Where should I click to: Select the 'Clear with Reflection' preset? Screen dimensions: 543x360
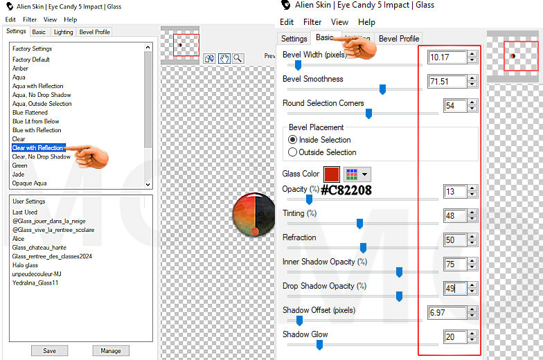point(38,148)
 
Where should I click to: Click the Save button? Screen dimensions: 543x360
point(50,350)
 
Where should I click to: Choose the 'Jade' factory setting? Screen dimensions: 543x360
point(18,174)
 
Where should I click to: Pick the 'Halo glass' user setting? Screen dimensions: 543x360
point(25,265)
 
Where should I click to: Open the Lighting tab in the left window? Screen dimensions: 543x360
point(64,32)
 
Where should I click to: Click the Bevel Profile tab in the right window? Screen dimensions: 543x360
point(399,39)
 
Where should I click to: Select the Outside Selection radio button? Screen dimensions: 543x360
point(292,152)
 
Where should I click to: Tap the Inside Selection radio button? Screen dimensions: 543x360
point(292,140)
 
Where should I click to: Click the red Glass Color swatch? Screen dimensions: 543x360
point(331,174)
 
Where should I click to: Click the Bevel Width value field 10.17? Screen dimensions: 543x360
point(447,57)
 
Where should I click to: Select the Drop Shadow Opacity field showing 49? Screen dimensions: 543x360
point(455,288)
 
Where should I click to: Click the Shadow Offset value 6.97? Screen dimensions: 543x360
point(447,313)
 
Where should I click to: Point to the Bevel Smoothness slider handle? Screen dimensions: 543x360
point(382,89)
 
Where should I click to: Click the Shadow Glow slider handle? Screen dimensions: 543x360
point(320,345)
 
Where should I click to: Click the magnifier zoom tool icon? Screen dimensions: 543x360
point(238,58)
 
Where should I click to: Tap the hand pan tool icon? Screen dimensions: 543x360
point(224,58)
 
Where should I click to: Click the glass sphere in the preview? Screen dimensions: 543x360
point(253,215)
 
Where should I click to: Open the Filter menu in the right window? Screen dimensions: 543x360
point(312,22)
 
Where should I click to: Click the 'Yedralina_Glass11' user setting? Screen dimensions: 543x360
point(35,282)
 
